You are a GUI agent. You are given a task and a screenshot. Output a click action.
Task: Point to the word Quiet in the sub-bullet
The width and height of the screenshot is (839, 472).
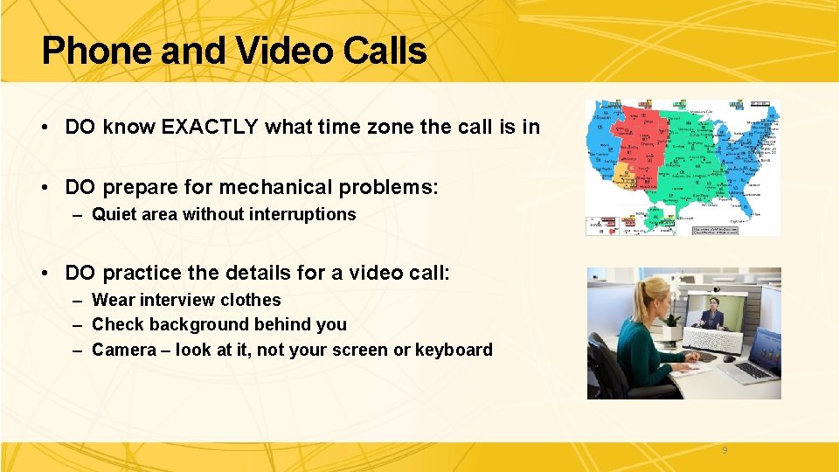114,215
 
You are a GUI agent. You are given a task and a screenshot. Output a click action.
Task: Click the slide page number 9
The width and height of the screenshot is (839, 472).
724,451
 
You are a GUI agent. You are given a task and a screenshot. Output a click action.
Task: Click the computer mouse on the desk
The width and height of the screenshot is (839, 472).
728,358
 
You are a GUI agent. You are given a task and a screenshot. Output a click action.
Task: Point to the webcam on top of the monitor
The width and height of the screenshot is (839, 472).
717,291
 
